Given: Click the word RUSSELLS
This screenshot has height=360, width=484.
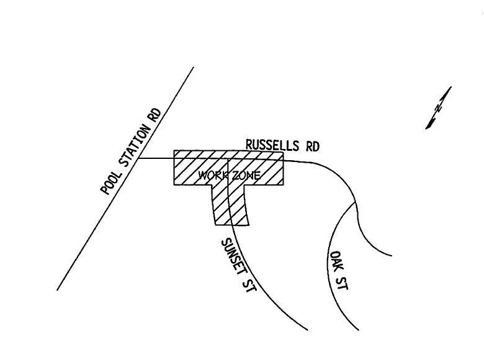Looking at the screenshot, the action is click(272, 145).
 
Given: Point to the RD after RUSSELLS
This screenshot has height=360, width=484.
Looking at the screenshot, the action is click(312, 146).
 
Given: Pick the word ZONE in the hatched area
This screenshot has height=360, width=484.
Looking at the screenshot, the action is click(245, 176).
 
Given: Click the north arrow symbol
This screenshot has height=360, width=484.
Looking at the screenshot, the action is click(438, 108).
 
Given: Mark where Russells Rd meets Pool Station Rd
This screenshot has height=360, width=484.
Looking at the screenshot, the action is click(138, 158).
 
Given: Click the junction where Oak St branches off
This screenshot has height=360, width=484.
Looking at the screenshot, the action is click(355, 203).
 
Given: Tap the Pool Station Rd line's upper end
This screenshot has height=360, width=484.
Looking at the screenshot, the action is click(194, 67).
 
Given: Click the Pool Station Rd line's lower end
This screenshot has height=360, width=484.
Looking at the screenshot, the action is click(57, 290).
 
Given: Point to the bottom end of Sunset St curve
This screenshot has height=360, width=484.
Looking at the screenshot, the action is click(307, 330).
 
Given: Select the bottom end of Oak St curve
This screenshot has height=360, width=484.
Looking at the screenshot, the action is click(359, 330).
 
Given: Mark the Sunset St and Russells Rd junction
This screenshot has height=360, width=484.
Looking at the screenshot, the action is click(228, 159).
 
